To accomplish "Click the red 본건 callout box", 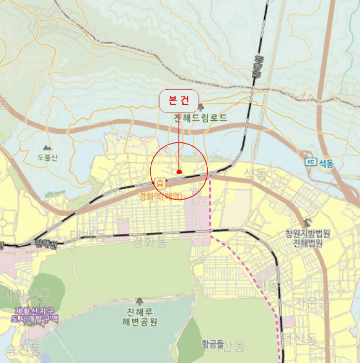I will tap(178, 101).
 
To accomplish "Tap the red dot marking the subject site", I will tap(179, 172).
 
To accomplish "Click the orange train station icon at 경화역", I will tap(161, 184).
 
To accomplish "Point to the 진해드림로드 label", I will tap(200, 118).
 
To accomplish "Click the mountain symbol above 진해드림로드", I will tap(201, 107).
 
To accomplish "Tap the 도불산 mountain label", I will tap(48, 158).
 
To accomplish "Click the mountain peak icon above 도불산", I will tap(47, 148).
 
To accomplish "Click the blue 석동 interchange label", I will tap(326, 163).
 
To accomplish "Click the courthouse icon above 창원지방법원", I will tap(309, 222).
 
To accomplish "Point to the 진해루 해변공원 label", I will tap(139, 317).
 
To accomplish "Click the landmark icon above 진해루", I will tap(139, 301).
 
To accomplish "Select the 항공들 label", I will tap(213, 343).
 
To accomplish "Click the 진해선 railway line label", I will tap(46, 243).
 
